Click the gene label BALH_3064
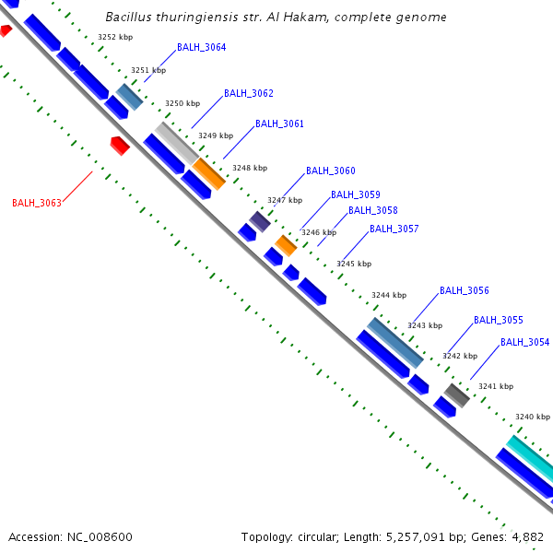click(201, 47)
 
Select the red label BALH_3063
click(37, 203)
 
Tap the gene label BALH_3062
click(249, 94)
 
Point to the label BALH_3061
click(279, 124)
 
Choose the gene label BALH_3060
click(330, 171)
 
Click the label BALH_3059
click(356, 194)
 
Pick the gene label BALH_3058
click(372, 210)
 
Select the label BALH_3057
click(394, 229)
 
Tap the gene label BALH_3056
click(464, 290)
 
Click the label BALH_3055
click(498, 320)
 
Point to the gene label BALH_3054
click(524, 342)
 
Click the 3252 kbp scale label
click(114, 37)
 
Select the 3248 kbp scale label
click(249, 168)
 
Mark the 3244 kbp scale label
click(388, 296)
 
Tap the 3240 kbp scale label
click(532, 417)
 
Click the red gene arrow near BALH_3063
click(120, 145)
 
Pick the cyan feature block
click(530, 457)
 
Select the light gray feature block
click(175, 142)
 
